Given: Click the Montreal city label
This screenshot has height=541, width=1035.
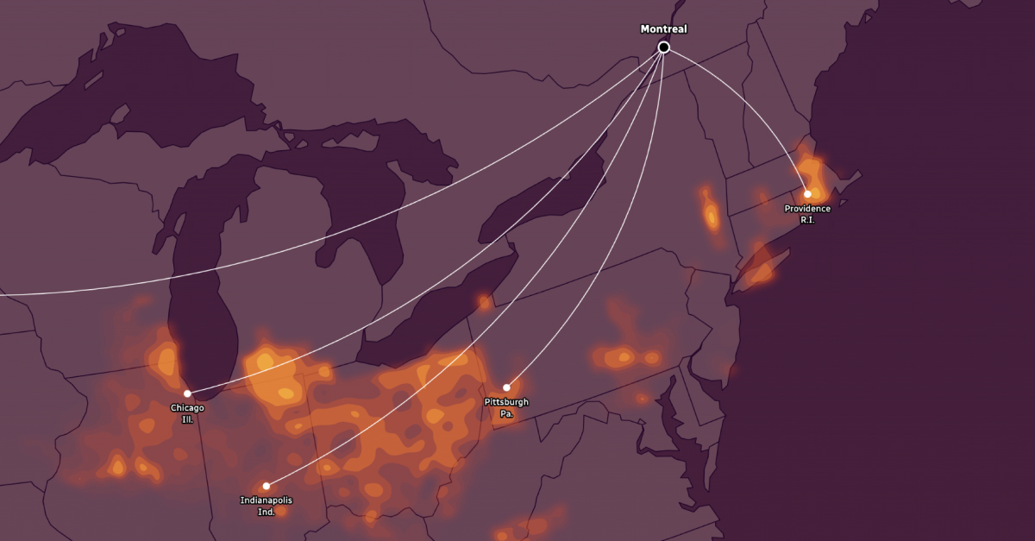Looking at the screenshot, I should [x=663, y=29].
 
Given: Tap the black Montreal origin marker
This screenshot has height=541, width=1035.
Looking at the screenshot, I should [x=663, y=47].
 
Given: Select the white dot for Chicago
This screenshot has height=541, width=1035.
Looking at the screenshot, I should [x=187, y=393].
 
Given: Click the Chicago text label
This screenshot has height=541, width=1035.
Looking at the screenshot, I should [x=187, y=408].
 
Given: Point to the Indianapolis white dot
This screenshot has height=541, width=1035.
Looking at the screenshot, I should [x=266, y=486].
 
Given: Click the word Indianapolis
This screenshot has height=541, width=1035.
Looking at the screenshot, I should [x=266, y=500].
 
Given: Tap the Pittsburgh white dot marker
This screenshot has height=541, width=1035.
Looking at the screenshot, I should [x=506, y=387].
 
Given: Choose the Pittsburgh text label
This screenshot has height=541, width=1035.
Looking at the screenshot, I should [x=506, y=402].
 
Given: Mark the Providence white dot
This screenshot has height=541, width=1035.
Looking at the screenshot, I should [x=807, y=194].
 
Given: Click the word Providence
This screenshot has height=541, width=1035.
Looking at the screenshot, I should [x=807, y=209].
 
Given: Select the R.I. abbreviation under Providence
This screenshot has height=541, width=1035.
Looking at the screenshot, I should [x=807, y=220].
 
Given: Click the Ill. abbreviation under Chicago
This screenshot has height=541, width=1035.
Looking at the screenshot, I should [x=187, y=419].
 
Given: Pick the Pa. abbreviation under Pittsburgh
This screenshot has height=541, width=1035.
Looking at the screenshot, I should [x=506, y=414].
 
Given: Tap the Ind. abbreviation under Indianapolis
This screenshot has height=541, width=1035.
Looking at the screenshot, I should [x=266, y=512].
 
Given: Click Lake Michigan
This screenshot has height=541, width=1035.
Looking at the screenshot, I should [x=203, y=285].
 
